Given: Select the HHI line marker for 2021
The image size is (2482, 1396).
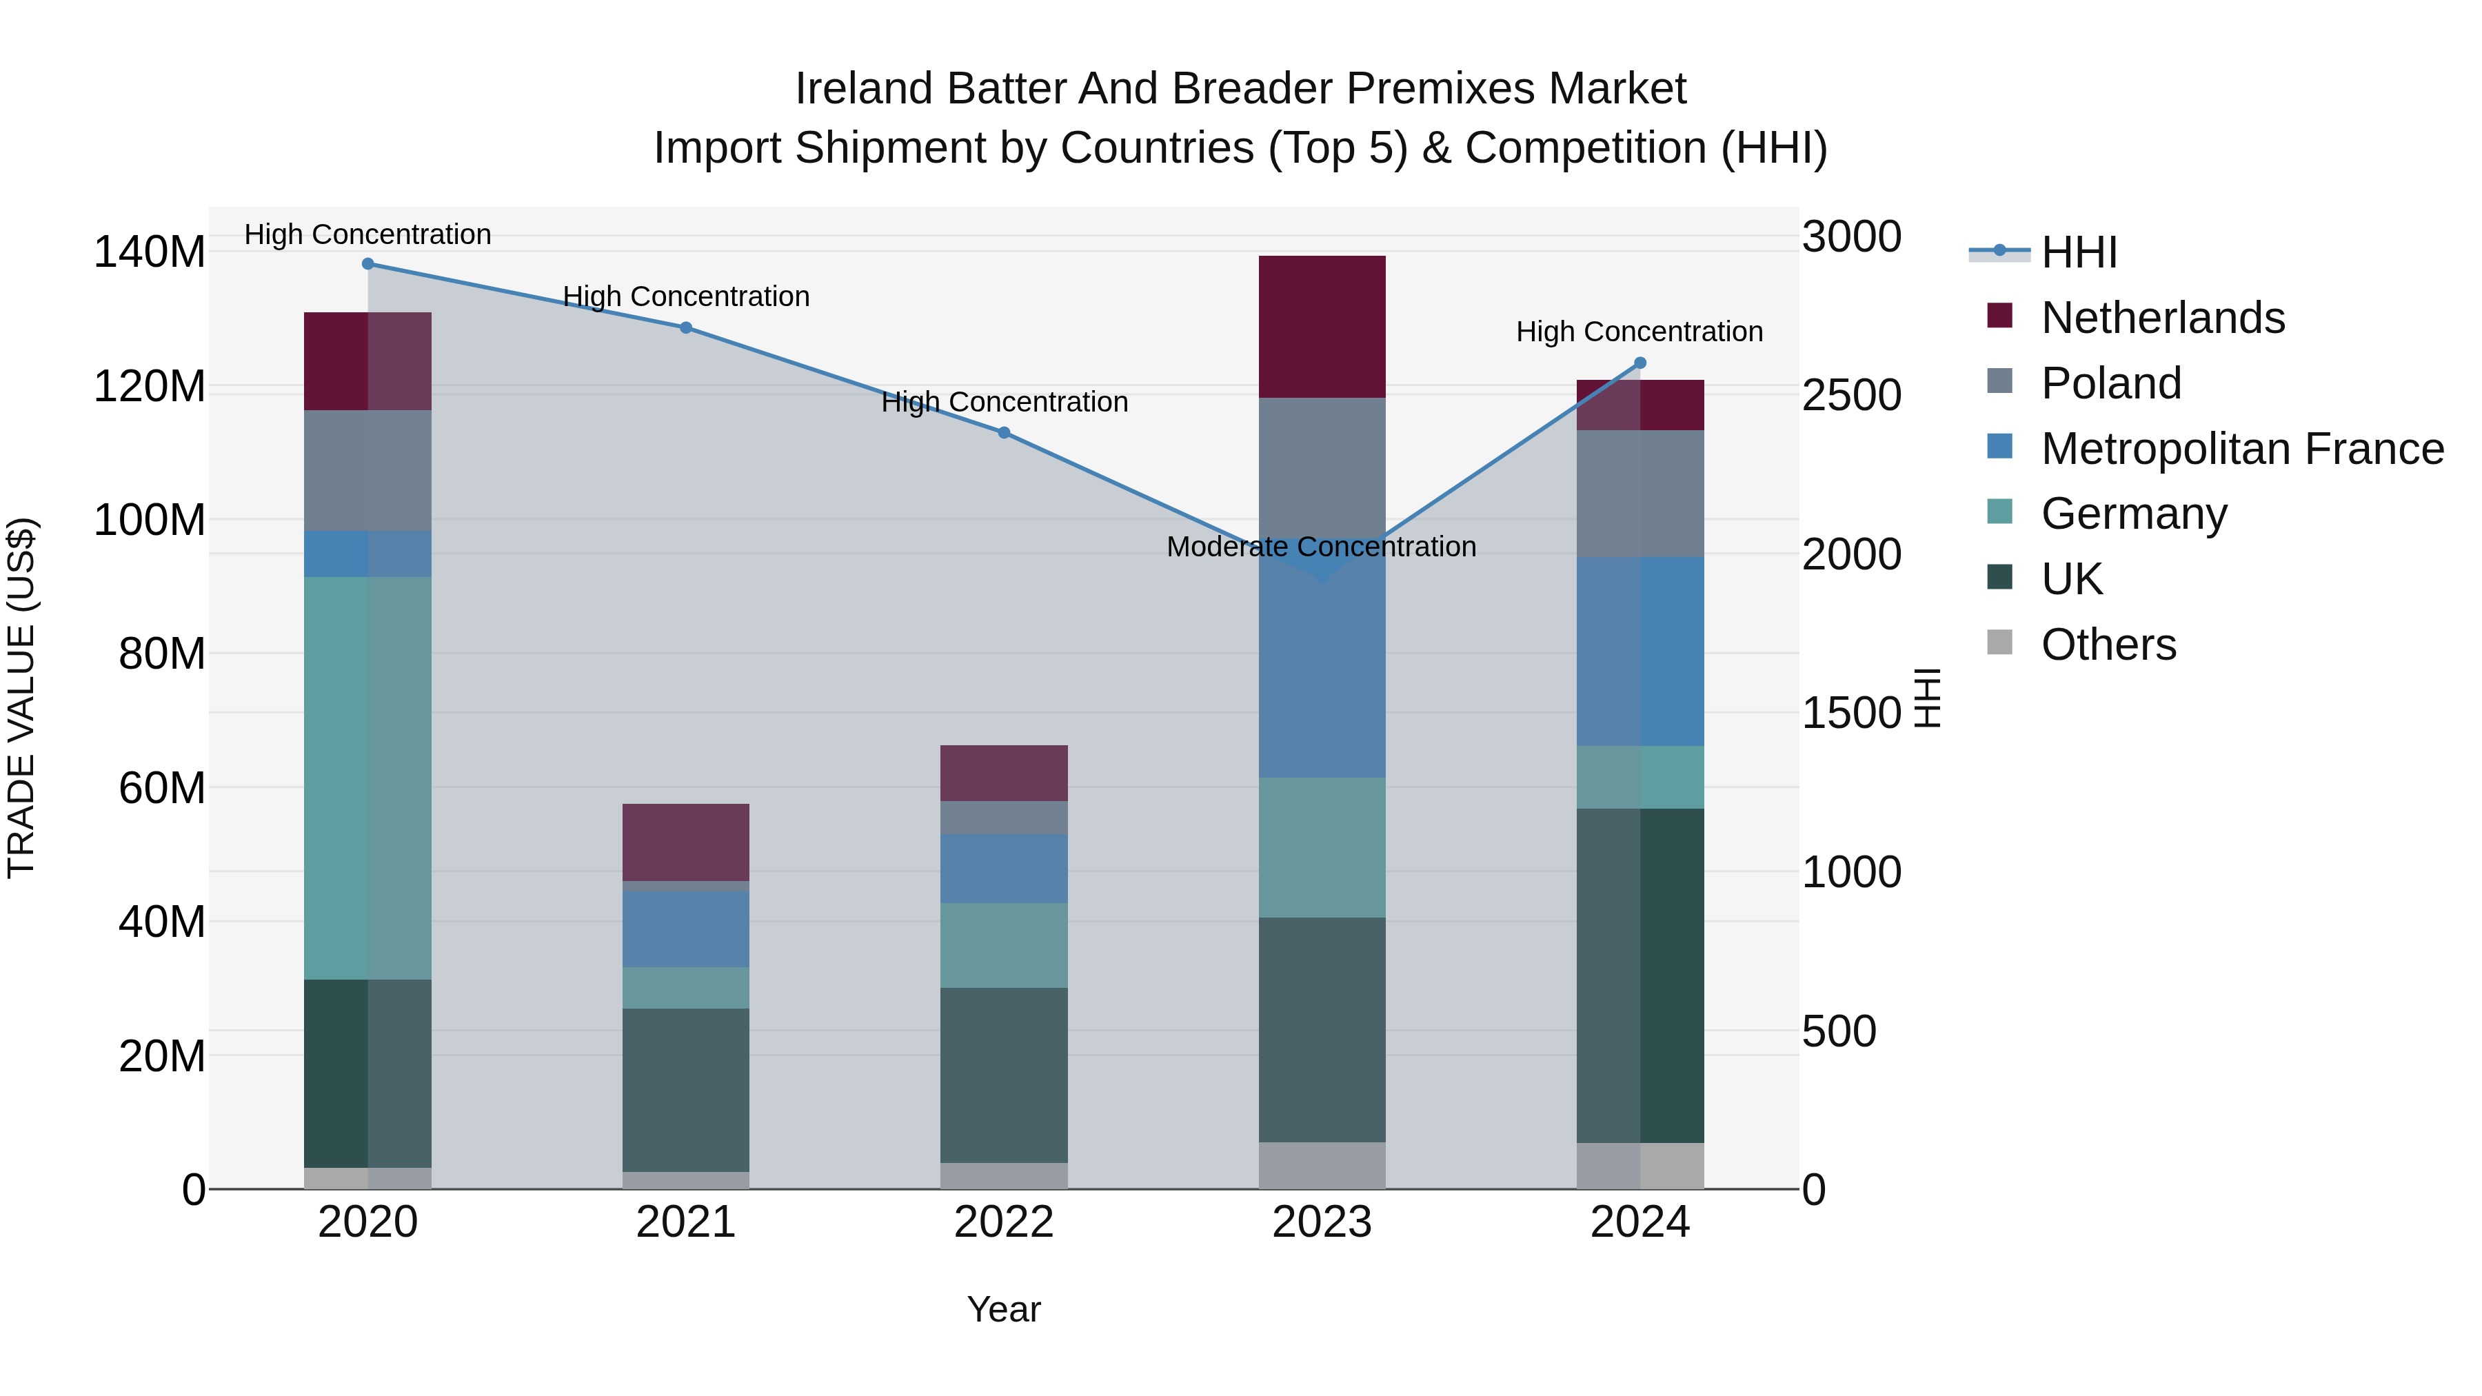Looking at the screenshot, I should click(x=686, y=327).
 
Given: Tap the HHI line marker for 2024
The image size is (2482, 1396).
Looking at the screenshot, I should click(x=1641, y=363).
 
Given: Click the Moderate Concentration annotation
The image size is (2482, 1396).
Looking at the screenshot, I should click(x=1321, y=547).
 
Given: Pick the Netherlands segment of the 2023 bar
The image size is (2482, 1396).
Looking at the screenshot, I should click(x=1322, y=327).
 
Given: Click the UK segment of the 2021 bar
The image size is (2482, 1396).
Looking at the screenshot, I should click(x=686, y=1090).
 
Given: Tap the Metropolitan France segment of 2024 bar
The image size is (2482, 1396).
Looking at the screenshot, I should click(x=1641, y=651).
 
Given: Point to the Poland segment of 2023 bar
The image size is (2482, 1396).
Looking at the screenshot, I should click(x=1322, y=467).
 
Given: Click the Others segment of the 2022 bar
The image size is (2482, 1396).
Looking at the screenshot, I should click(x=1004, y=1175).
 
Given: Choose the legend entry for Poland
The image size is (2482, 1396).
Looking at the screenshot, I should click(x=2110, y=383).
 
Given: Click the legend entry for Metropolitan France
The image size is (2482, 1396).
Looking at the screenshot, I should click(x=2241, y=449).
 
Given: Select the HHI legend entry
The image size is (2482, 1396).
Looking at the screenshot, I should click(x=2078, y=252).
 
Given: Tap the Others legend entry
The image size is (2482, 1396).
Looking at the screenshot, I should click(x=2108, y=645).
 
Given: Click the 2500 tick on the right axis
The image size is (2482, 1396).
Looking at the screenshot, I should click(x=1851, y=395).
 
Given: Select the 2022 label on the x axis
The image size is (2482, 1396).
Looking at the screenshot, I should click(x=1004, y=1222).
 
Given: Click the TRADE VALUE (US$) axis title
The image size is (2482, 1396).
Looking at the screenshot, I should click(x=21, y=698).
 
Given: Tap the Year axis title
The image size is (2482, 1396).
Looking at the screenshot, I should click(x=1004, y=1309).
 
